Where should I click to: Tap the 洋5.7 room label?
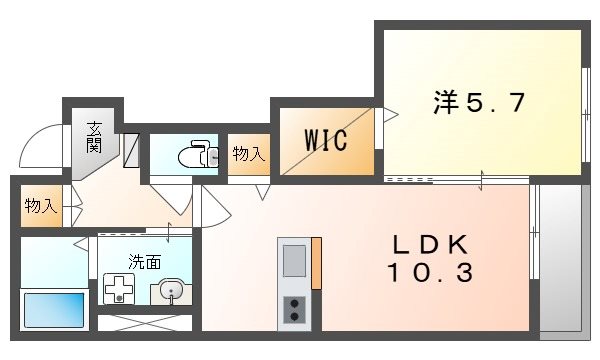[x=479, y=102]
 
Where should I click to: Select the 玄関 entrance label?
[x=94, y=136]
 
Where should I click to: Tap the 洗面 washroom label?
[x=144, y=262]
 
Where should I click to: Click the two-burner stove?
[x=295, y=310]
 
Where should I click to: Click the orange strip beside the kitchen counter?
[x=316, y=262]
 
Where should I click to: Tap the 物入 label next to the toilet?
[x=249, y=154]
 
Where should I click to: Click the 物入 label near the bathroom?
[x=39, y=206]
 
